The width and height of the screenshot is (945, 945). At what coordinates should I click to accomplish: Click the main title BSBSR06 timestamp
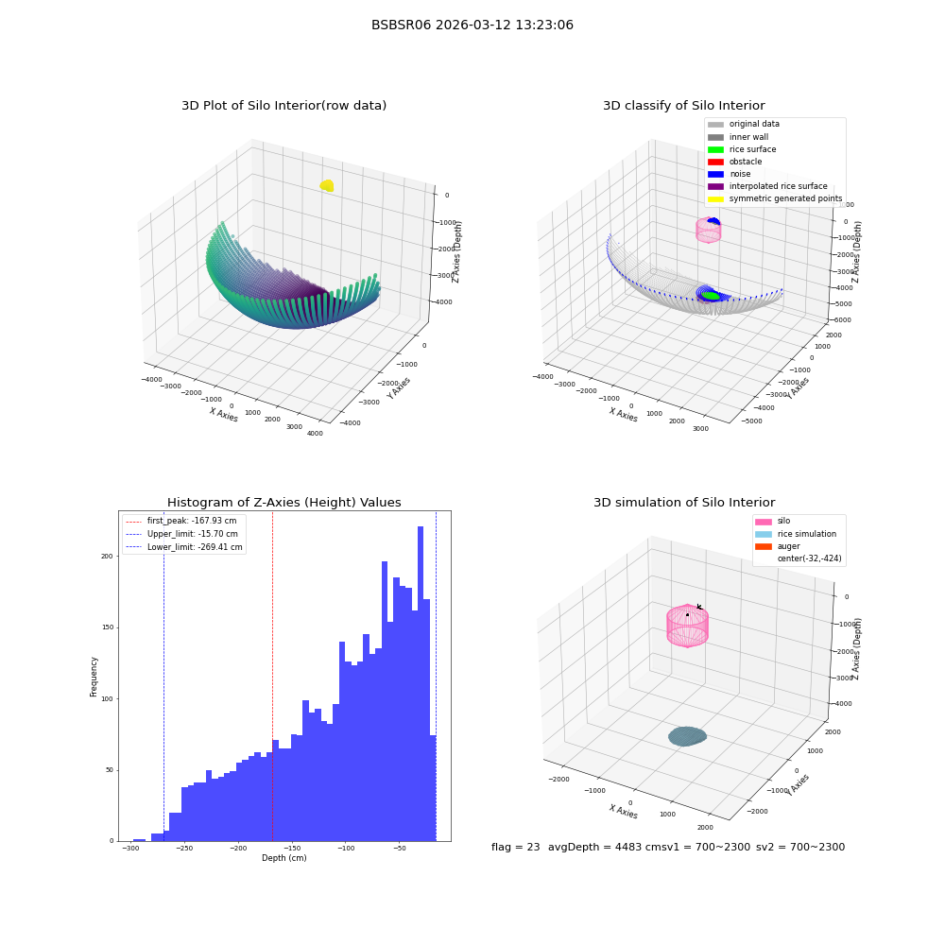(x=472, y=25)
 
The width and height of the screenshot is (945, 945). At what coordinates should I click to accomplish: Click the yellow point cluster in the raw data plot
(x=327, y=185)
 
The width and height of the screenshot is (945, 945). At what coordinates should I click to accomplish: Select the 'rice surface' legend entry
(x=742, y=149)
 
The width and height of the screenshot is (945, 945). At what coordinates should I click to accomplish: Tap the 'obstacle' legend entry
(x=734, y=162)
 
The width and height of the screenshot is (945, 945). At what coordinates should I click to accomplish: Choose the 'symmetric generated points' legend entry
(x=775, y=198)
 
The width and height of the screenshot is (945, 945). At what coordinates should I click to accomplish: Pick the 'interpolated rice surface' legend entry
(x=767, y=186)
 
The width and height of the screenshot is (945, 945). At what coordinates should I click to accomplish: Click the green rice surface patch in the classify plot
(x=712, y=295)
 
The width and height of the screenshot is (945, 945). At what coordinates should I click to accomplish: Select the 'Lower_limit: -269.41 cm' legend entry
(x=184, y=547)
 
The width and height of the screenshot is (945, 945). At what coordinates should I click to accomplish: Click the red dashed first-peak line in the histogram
(x=272, y=677)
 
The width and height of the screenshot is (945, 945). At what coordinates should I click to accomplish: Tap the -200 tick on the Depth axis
(x=238, y=849)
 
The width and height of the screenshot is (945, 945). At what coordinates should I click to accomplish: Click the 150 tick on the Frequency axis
(x=108, y=627)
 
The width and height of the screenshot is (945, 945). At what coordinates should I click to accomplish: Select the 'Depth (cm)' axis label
(x=283, y=858)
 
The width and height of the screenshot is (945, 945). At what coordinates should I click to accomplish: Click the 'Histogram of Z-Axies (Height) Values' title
(x=283, y=502)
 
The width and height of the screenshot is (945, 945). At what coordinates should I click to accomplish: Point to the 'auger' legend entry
(x=778, y=546)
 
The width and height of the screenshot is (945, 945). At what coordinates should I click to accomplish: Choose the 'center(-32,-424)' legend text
(x=810, y=558)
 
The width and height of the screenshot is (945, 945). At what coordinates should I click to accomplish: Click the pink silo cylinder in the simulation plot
(x=687, y=626)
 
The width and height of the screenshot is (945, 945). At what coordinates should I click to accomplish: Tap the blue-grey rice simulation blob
(x=687, y=736)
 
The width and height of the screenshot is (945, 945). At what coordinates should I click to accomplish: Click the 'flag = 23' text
(x=515, y=847)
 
